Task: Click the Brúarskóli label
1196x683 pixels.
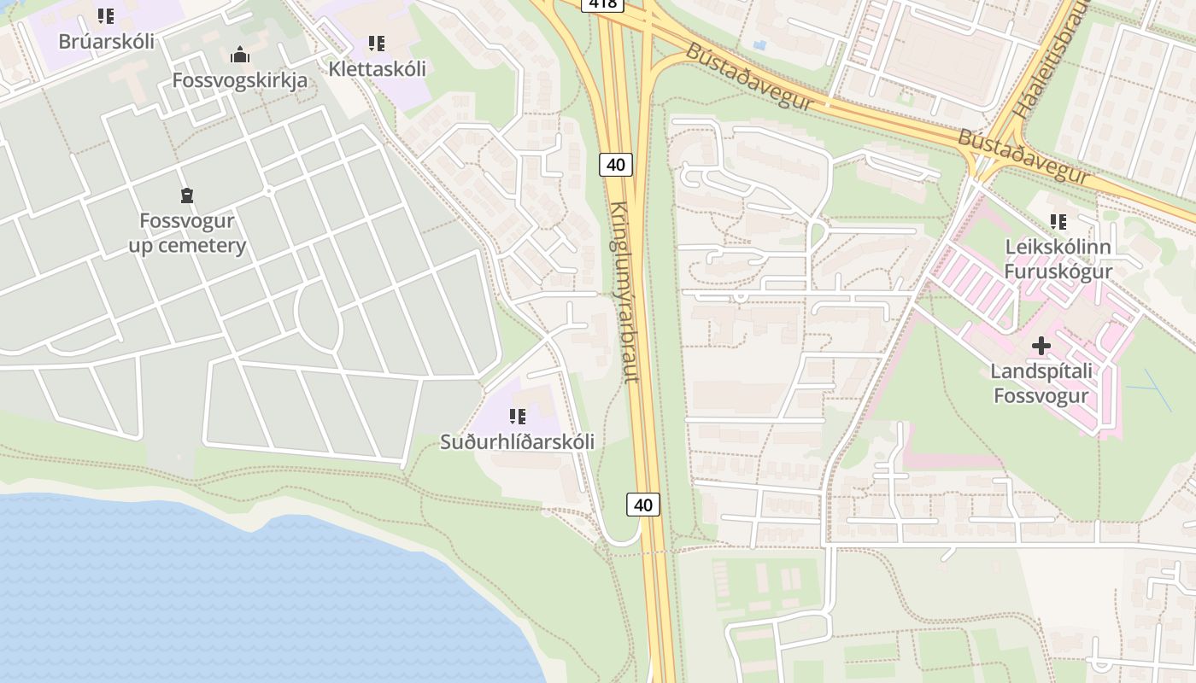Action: [x=106, y=41]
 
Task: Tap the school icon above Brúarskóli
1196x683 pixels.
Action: [x=106, y=16]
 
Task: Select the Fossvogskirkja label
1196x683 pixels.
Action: [x=240, y=80]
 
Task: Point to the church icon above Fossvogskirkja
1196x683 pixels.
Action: [x=240, y=55]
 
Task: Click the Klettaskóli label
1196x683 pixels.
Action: [x=377, y=68]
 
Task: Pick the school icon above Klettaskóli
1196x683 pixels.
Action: [x=377, y=43]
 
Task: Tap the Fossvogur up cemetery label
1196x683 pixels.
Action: [x=187, y=233]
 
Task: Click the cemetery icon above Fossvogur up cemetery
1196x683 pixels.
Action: [x=187, y=196]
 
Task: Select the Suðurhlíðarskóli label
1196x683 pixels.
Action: [x=517, y=441]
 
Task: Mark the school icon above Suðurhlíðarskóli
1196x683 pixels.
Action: [x=517, y=417]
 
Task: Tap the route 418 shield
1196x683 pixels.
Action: [x=602, y=3]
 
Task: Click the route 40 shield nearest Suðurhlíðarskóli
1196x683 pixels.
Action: [x=643, y=505]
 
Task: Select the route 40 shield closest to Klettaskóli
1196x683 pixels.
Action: [x=616, y=164]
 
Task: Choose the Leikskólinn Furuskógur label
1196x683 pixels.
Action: [x=1058, y=260]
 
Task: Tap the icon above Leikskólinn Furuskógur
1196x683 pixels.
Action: [x=1058, y=222]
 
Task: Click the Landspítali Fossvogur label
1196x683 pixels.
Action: [x=1041, y=383]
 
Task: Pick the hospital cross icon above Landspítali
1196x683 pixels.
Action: [x=1041, y=346]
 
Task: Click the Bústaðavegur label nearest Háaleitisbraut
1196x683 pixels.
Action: [x=1023, y=155]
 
